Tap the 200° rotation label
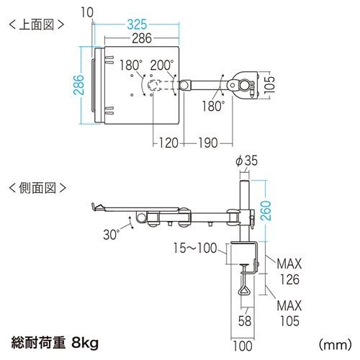pos(163,65)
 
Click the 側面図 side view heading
pos(36,188)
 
